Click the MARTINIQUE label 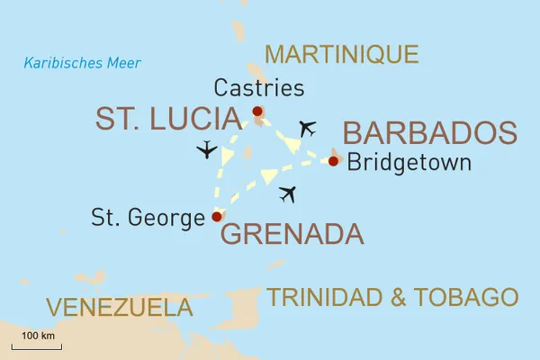pyautogui.click(x=342, y=54)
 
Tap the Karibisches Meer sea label pyautogui.click(x=82, y=63)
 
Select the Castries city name pyautogui.click(x=259, y=88)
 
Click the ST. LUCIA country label pyautogui.click(x=168, y=119)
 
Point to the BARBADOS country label pyautogui.click(x=430, y=132)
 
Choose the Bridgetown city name pyautogui.click(x=409, y=163)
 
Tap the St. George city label pyautogui.click(x=148, y=217)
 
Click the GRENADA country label pyautogui.click(x=292, y=235)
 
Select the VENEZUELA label pyautogui.click(x=120, y=307)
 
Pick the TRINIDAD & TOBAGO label pyautogui.click(x=392, y=297)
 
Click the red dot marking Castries pyautogui.click(x=257, y=112)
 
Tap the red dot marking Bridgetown pyautogui.click(x=333, y=161)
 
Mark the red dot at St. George pyautogui.click(x=216, y=216)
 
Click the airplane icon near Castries pyautogui.click(x=308, y=128)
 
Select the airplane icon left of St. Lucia pyautogui.click(x=207, y=149)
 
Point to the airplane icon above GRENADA pyautogui.click(x=287, y=193)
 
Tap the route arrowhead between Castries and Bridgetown pyautogui.click(x=289, y=141)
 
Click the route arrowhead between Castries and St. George pyautogui.click(x=228, y=157)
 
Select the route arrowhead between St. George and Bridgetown pyautogui.click(x=269, y=175)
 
